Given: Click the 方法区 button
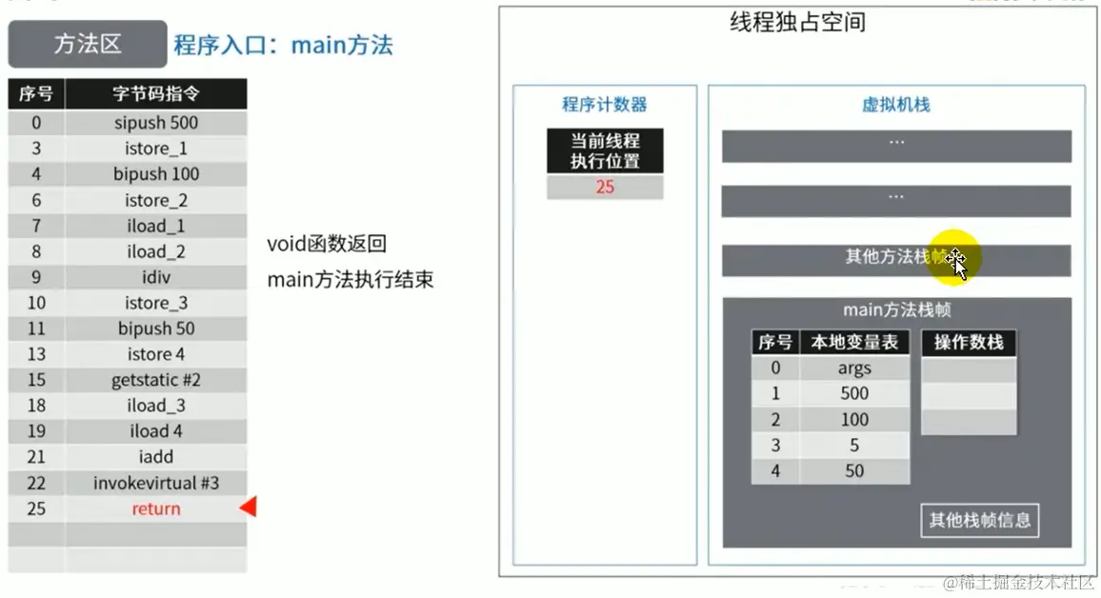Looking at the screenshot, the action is (x=88, y=45).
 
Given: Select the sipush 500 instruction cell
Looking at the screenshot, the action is (x=156, y=123).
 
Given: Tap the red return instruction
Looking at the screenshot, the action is (x=156, y=508).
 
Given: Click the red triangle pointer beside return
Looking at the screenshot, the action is (x=248, y=508).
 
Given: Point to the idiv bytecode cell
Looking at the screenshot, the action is (x=156, y=277).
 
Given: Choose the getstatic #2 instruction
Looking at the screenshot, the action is (x=156, y=380).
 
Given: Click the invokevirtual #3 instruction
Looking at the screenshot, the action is (x=156, y=483).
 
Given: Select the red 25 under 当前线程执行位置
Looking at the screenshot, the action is (x=605, y=188).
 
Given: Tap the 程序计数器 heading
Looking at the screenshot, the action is (x=605, y=105).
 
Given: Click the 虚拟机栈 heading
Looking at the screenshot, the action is (x=895, y=105).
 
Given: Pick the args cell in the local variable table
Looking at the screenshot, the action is (x=854, y=369).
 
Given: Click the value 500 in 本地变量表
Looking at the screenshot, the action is (x=854, y=393).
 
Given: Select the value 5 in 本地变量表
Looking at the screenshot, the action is (x=854, y=445).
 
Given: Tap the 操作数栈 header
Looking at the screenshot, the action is (x=969, y=343).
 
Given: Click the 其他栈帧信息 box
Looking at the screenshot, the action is (x=980, y=521).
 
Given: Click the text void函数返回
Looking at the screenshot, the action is (x=327, y=244).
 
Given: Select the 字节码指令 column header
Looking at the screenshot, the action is (x=156, y=94).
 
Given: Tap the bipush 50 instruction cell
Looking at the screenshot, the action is (x=156, y=329).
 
